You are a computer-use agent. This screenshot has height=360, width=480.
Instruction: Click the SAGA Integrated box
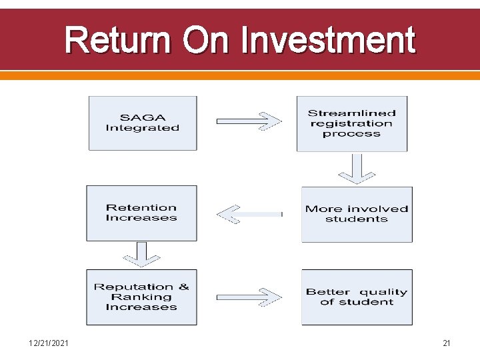143,123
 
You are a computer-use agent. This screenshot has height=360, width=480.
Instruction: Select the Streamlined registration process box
351,123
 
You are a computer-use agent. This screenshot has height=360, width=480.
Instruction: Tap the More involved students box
357,214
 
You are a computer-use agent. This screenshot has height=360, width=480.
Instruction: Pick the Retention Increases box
141,213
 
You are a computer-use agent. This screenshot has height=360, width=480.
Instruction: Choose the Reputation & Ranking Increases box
141,297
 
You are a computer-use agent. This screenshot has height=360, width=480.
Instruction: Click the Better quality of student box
357,297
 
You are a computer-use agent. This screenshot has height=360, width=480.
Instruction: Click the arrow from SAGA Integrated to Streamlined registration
248,121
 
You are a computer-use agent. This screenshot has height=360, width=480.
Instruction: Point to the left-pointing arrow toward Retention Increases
248,214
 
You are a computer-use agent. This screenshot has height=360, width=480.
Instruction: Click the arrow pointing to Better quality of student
248,297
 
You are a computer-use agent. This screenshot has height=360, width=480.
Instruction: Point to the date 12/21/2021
49,343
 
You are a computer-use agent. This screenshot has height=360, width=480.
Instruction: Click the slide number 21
447,343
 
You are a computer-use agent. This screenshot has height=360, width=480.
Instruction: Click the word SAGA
142,118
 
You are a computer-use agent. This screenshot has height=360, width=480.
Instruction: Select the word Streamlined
351,113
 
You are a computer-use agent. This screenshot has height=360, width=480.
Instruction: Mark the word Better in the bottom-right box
327,292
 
